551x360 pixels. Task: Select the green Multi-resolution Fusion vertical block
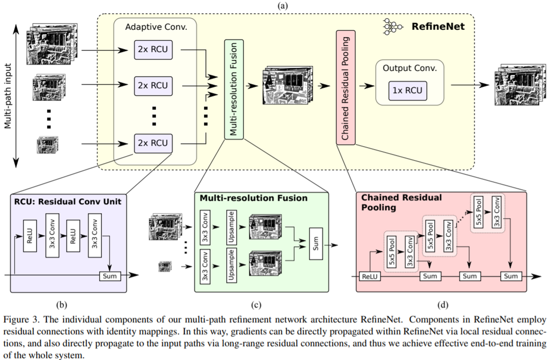point(234,89)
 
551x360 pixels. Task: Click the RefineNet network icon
point(390,26)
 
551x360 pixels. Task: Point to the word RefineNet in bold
point(438,26)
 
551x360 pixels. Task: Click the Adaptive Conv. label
point(155,27)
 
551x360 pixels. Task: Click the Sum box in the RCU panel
point(111,275)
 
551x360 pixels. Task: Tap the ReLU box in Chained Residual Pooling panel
point(370,275)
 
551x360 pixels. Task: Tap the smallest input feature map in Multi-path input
point(48,144)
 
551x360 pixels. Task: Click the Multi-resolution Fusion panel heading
point(253,198)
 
